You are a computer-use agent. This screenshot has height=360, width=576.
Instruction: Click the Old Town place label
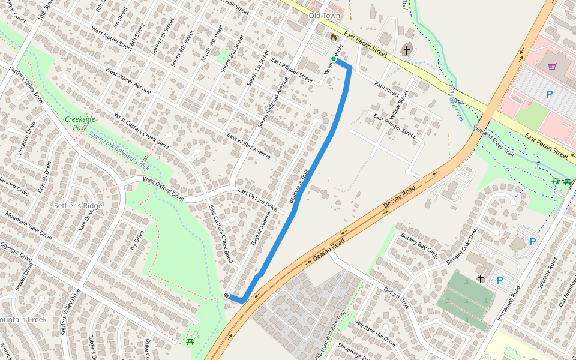324,16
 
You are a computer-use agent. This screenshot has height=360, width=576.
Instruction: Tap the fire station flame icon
334,37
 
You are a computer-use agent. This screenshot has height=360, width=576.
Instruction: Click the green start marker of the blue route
334,59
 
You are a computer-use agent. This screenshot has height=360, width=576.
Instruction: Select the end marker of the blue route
227,296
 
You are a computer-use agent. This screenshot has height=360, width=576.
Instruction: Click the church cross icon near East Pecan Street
407,50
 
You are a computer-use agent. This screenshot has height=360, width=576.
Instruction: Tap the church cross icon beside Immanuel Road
481,279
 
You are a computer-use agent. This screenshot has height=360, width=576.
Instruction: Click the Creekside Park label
80,123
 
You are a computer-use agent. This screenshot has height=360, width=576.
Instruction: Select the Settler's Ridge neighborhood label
78,206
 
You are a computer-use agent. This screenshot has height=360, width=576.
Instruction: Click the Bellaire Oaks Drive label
461,245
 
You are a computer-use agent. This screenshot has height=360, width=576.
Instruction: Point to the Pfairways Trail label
299,186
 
